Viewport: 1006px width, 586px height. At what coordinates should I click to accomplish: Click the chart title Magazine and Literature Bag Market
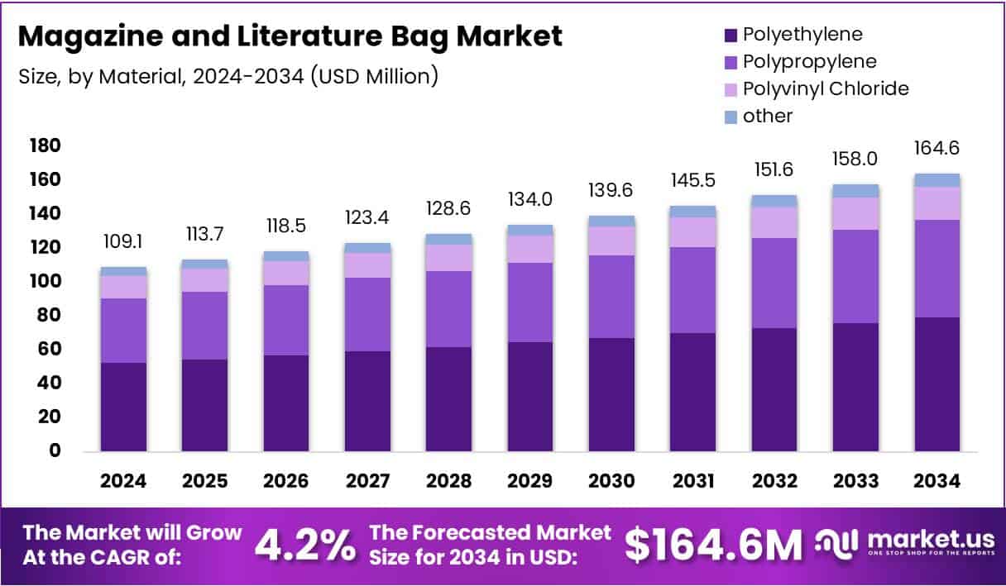click(x=290, y=37)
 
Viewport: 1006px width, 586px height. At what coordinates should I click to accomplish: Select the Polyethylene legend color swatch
click(x=730, y=35)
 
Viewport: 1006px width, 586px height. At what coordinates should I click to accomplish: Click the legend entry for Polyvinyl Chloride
click(x=825, y=88)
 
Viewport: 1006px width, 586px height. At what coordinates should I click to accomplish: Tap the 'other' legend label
click(x=767, y=116)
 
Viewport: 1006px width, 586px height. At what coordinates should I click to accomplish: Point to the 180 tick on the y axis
click(x=45, y=146)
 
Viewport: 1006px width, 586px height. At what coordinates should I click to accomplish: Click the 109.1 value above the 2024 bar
click(x=124, y=243)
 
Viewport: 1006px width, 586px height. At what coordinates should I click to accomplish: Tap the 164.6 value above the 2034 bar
click(x=937, y=149)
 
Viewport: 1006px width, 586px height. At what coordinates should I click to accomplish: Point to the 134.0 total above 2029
click(x=530, y=200)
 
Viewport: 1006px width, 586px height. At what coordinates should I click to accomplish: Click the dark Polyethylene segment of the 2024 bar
click(x=124, y=407)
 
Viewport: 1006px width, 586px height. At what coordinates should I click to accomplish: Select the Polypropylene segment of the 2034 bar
click(x=937, y=269)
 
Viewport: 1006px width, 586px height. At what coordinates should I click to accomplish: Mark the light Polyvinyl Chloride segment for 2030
click(x=611, y=241)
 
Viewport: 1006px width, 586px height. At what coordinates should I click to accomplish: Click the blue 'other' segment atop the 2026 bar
click(x=287, y=256)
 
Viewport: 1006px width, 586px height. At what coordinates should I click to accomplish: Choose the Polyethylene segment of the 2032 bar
click(x=774, y=389)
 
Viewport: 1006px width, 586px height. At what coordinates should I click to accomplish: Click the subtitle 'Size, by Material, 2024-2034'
click(x=228, y=76)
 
